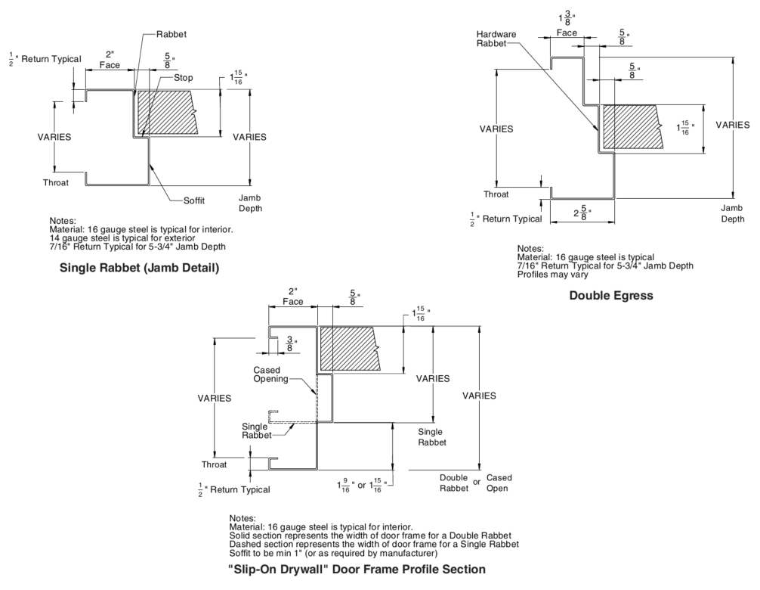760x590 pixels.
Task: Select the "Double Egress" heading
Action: click(611, 296)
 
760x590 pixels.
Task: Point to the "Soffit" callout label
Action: click(193, 200)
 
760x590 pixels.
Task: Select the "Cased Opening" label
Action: click(267, 374)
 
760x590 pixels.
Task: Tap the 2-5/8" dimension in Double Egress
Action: click(581, 213)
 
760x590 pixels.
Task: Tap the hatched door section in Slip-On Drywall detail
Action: click(348, 348)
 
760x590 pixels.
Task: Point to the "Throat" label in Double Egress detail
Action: click(496, 194)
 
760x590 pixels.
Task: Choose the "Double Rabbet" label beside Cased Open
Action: click(454, 483)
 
